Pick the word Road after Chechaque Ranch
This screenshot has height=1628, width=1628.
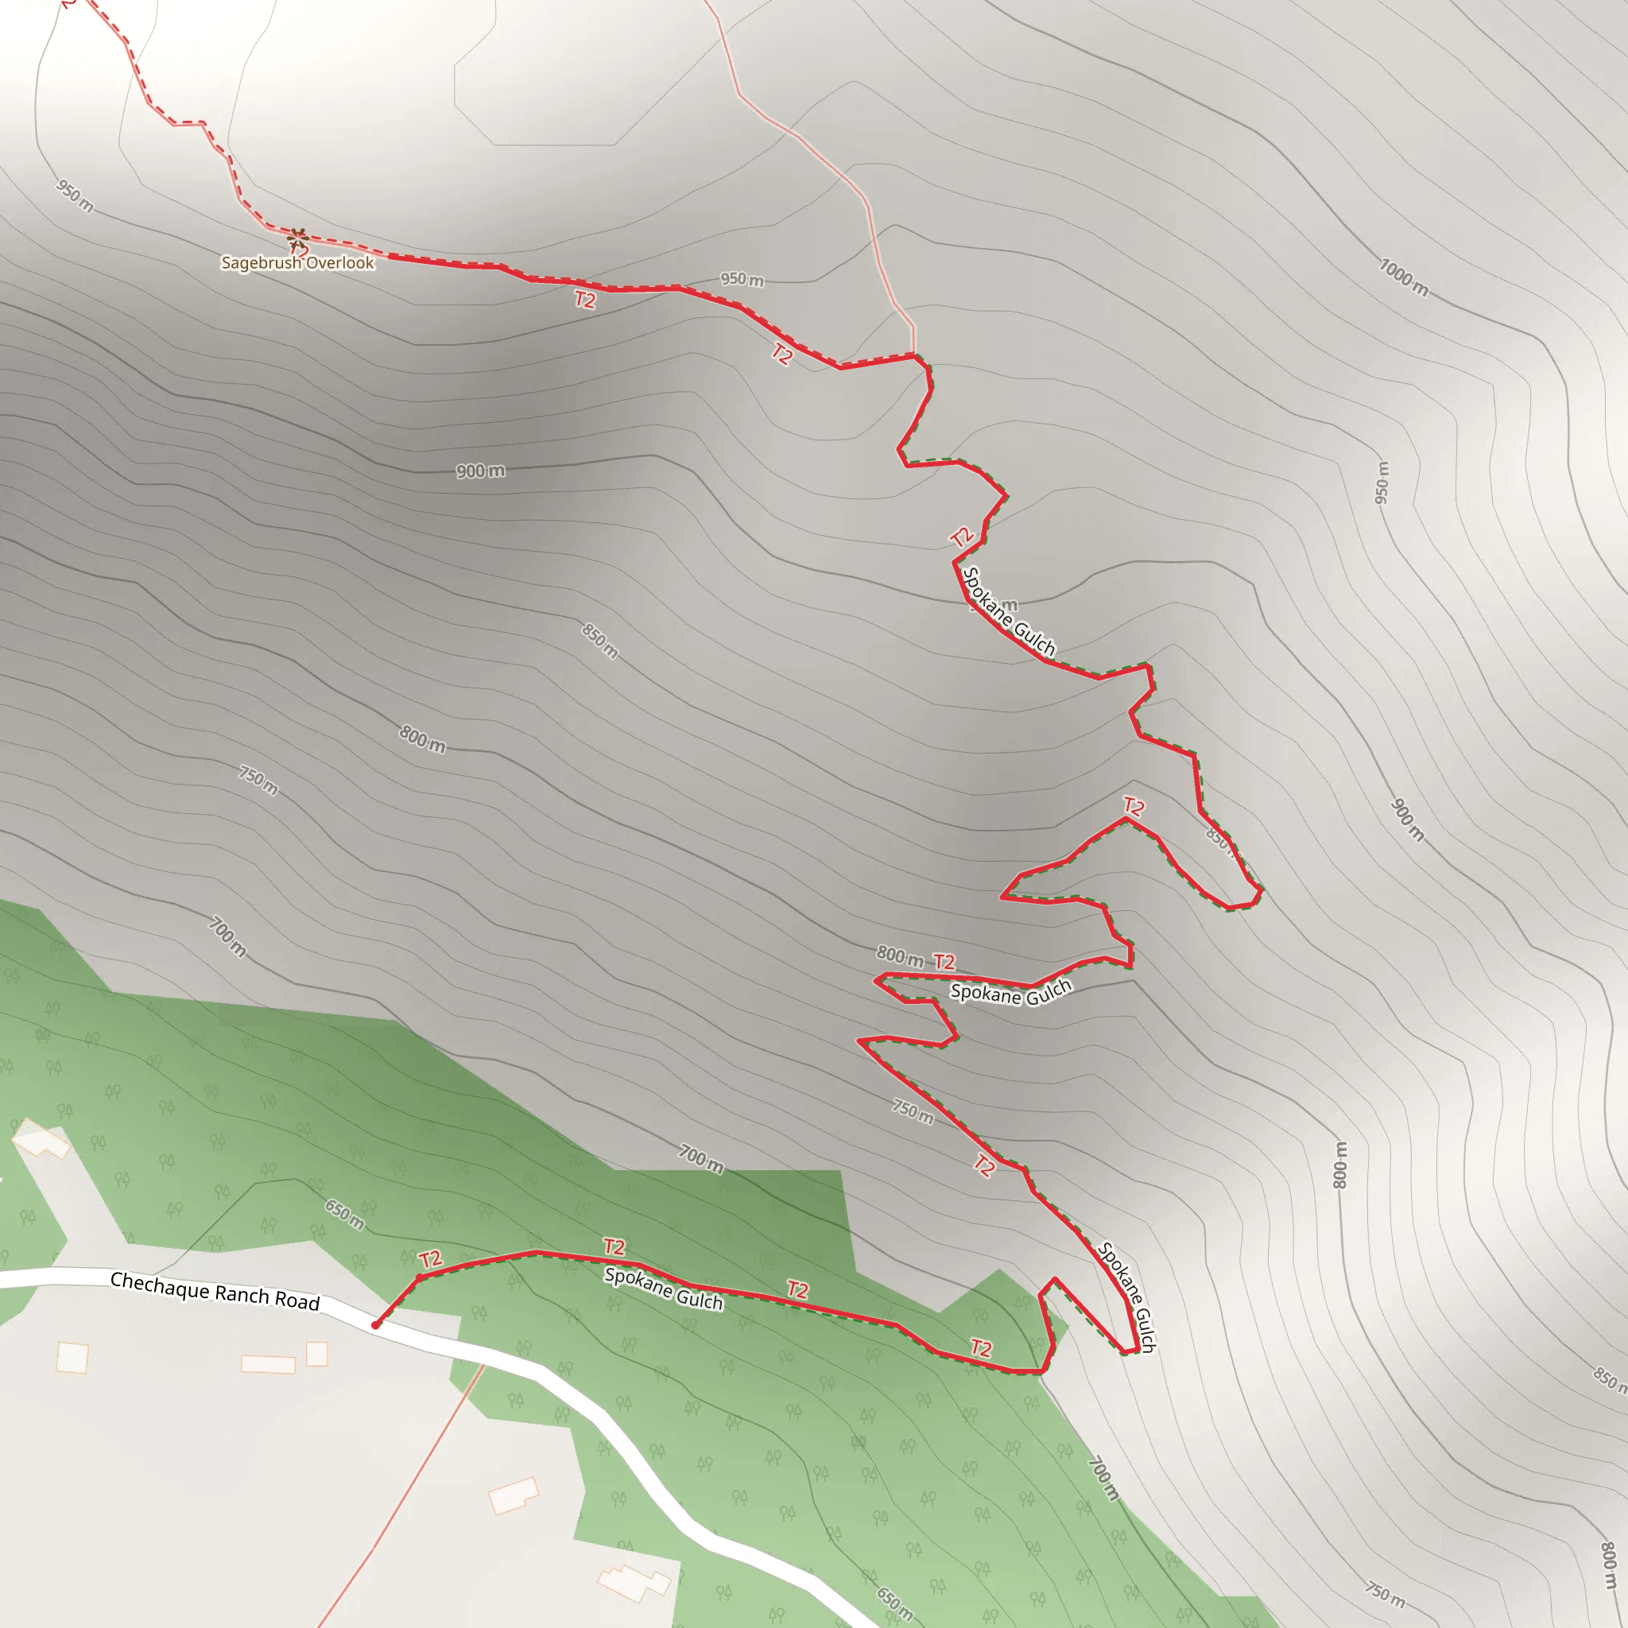click(x=297, y=1302)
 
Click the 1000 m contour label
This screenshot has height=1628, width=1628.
click(x=1404, y=277)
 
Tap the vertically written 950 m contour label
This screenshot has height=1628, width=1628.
click(x=1382, y=483)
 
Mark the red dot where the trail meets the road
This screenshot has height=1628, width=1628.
click(x=376, y=1325)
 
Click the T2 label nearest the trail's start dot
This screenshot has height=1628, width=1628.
click(x=431, y=1260)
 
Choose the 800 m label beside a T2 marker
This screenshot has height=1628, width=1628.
click(x=899, y=955)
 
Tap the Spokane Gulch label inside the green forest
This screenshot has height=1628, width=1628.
click(x=664, y=1289)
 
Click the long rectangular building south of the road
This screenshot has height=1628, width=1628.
click(x=268, y=1364)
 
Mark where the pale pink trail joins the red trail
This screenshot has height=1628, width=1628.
click(x=914, y=355)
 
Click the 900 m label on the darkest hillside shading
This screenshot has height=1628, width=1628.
click(x=480, y=471)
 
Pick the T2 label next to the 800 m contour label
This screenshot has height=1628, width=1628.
click(x=944, y=962)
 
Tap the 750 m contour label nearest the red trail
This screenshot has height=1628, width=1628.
click(x=913, y=1112)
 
